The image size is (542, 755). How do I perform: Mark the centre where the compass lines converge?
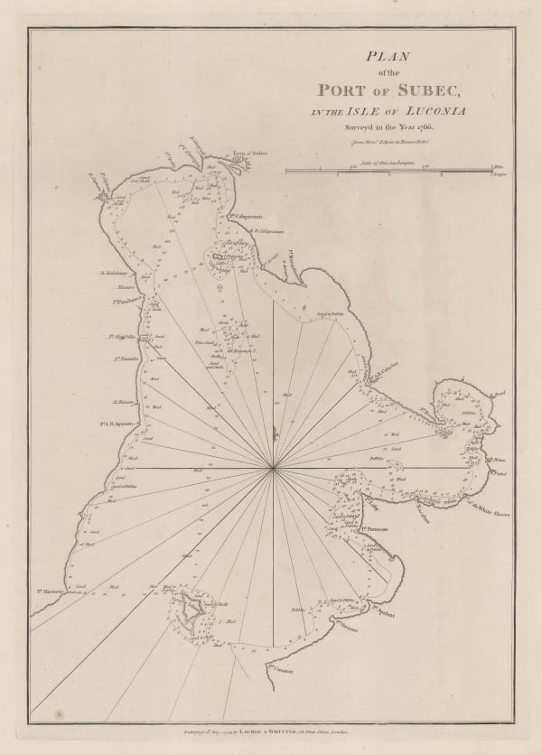[x=273, y=468]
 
